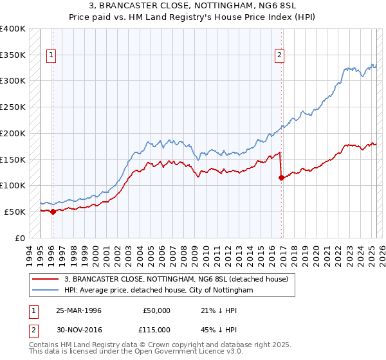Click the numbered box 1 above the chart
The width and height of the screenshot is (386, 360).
pyautogui.click(x=51, y=56)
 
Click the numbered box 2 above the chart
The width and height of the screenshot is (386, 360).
pyautogui.click(x=280, y=56)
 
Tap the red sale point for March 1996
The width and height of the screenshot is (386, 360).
pyautogui.click(x=53, y=212)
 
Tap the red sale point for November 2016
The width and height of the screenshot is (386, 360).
pyautogui.click(x=281, y=177)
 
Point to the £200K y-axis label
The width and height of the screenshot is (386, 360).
pyautogui.click(x=12, y=133)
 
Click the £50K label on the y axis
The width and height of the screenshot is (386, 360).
pyautogui.click(x=15, y=212)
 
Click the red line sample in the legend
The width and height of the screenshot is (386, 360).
pyautogui.click(x=45, y=279)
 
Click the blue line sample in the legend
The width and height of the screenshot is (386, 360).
pyautogui.click(x=45, y=291)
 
